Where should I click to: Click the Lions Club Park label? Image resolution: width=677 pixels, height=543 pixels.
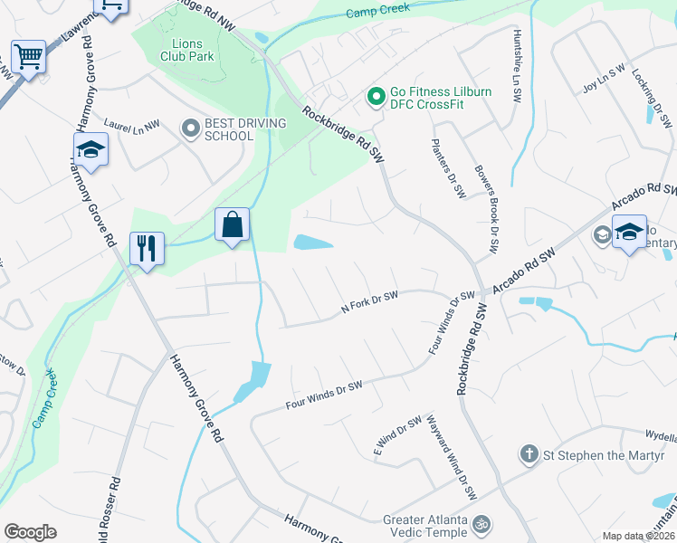(x=187, y=49)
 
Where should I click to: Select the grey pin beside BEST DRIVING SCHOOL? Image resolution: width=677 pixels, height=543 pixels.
(x=190, y=129)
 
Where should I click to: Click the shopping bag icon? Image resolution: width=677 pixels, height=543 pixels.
(x=232, y=224)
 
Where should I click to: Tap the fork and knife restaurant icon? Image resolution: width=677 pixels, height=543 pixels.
(x=147, y=246)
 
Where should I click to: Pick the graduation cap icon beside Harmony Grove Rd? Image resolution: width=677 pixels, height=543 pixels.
(x=91, y=149)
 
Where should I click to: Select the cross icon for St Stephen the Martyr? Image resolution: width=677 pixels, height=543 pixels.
(x=529, y=453)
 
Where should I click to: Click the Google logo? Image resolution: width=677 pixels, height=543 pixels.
(x=29, y=532)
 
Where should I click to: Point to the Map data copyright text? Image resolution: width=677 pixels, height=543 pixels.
(x=637, y=536)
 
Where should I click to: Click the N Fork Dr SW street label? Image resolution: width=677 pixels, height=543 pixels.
(x=369, y=301)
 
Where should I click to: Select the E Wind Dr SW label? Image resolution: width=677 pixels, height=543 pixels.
(x=397, y=436)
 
